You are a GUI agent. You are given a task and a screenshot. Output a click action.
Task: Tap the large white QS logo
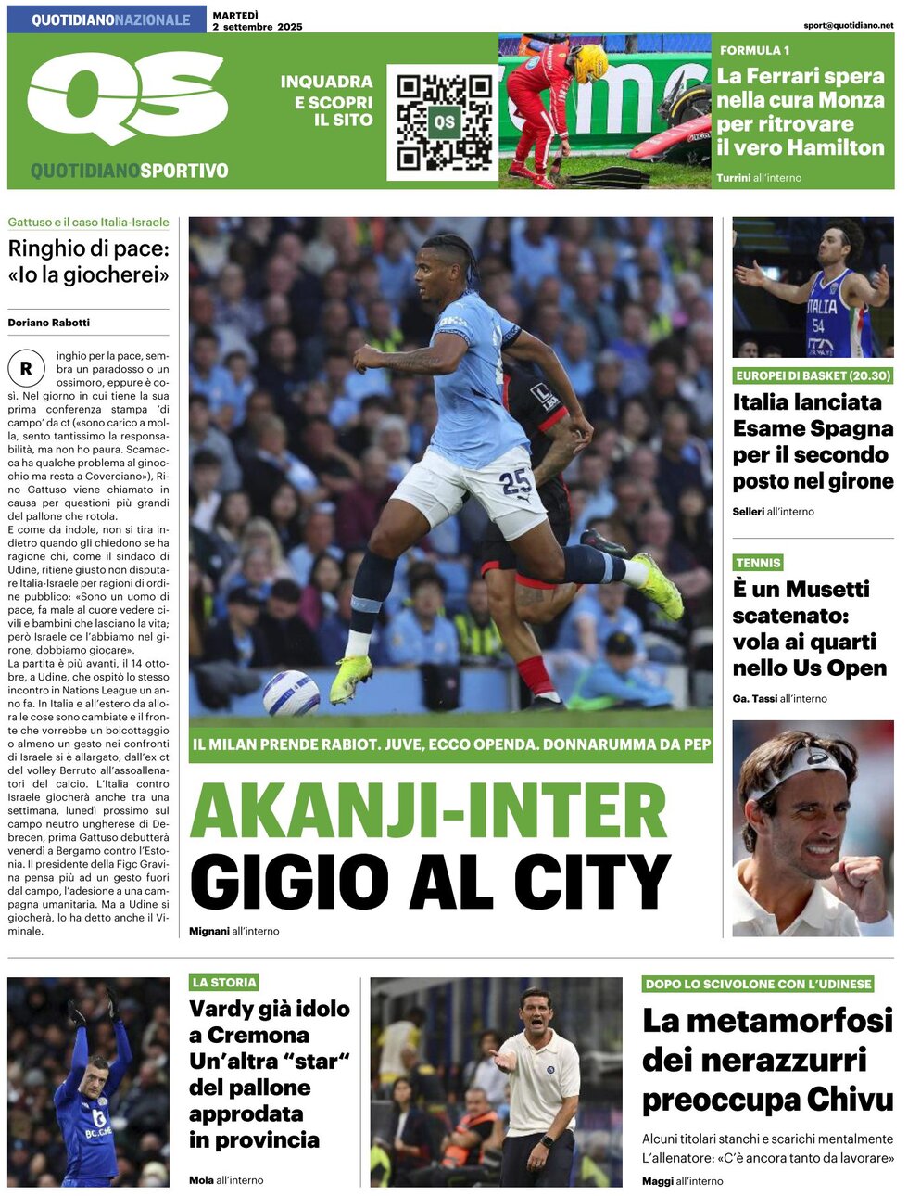pyautogui.click(x=127, y=96)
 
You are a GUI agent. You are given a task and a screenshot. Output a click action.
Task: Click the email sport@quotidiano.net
pyautogui.click(x=848, y=25)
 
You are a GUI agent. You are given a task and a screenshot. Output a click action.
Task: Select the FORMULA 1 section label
pyautogui.click(x=754, y=50)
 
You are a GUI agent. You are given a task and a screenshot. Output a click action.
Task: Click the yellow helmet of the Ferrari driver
pyautogui.click(x=589, y=63)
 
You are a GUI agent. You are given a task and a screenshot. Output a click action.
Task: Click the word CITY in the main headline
pyautogui.click(x=591, y=882)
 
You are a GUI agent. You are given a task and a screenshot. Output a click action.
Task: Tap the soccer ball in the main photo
pyautogui.click(x=291, y=692)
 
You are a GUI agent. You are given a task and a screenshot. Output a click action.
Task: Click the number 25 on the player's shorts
pyautogui.click(x=515, y=482)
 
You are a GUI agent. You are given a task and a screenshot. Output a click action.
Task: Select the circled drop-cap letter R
pyautogui.click(x=26, y=368)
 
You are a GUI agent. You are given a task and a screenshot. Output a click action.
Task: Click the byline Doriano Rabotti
pyautogui.click(x=49, y=323)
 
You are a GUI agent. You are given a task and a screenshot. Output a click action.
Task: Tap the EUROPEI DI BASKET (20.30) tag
pyautogui.click(x=813, y=375)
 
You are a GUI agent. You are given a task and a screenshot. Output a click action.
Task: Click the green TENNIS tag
pyautogui.click(x=758, y=563)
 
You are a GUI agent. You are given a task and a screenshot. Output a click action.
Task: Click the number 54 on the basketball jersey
pyautogui.click(x=818, y=325)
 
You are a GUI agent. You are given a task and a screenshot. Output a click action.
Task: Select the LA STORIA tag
pyautogui.click(x=223, y=982)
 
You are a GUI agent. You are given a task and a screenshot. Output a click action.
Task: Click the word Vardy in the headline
pyautogui.click(x=221, y=1009)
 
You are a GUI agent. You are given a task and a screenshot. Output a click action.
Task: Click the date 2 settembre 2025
pyautogui.click(x=257, y=27)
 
